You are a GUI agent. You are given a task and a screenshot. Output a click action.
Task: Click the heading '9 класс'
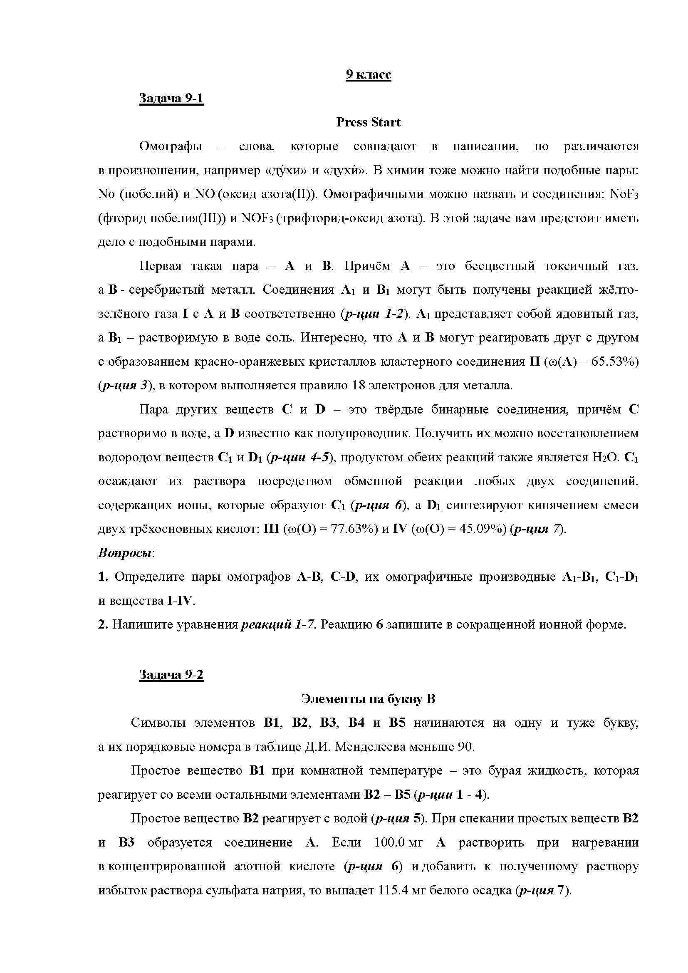coord(368,74)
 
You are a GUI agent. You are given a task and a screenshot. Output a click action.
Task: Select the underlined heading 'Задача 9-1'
coord(171,98)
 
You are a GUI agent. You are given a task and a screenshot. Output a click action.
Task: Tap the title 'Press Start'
coord(368,122)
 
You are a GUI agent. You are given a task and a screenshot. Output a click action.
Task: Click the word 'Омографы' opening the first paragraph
coord(170,146)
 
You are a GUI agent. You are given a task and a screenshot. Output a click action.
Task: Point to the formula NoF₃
coord(624,195)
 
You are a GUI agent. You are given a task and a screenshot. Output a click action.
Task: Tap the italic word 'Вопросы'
coord(125,553)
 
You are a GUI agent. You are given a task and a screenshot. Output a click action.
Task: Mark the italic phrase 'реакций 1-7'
coord(278,625)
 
